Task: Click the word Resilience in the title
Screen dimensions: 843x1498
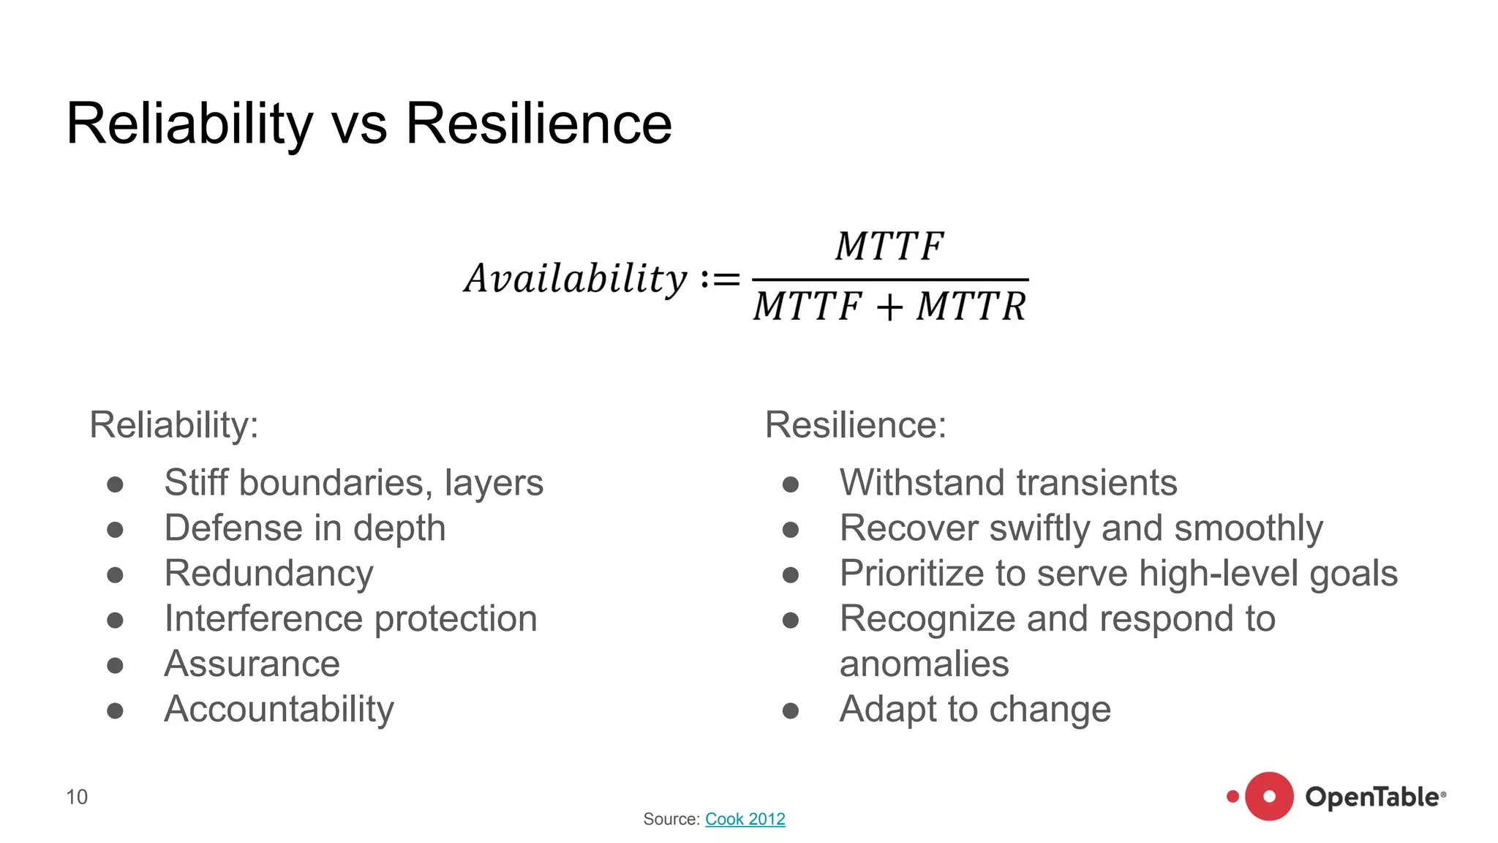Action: (x=538, y=124)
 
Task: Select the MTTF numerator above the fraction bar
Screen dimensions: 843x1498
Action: (x=889, y=246)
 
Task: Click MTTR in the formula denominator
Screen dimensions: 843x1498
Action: (x=971, y=306)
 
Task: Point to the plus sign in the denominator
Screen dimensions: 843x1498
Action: (x=889, y=307)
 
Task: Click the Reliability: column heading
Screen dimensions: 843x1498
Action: (x=174, y=424)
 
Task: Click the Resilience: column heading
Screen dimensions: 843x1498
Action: (x=856, y=424)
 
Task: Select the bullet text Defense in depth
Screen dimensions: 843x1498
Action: (x=305, y=528)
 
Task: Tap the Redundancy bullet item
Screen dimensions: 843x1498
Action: (x=269, y=574)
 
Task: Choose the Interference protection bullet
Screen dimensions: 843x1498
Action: (x=351, y=619)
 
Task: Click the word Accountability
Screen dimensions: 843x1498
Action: (x=279, y=709)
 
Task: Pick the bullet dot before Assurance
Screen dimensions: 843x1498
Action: (x=115, y=665)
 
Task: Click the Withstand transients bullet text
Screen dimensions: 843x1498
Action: (x=1008, y=483)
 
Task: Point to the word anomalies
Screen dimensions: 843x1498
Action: (x=925, y=664)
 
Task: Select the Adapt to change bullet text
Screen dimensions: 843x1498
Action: (x=975, y=709)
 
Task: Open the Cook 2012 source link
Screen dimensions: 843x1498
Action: (x=745, y=819)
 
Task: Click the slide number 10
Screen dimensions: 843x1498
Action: (x=77, y=797)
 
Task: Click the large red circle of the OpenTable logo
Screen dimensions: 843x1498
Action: (x=1269, y=796)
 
